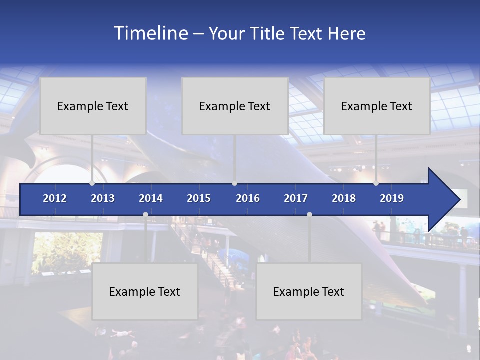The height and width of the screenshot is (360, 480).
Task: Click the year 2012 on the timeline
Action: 55,198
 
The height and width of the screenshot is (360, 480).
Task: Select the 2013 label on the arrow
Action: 103,198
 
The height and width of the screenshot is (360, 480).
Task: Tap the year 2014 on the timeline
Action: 151,198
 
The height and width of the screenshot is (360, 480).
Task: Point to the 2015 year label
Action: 199,198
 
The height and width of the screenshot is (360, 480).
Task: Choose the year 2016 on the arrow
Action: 248,198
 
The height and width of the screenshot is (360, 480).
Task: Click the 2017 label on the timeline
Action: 296,198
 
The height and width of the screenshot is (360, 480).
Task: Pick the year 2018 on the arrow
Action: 344,198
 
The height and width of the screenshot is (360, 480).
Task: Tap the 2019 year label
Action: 392,198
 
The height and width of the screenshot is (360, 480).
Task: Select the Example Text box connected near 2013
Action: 93,106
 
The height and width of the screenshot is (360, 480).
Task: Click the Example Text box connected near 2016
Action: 235,106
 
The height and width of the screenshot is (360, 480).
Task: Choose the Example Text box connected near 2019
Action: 377,106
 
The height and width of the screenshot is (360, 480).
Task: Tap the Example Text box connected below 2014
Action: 145,291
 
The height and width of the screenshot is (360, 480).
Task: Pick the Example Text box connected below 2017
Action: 309,291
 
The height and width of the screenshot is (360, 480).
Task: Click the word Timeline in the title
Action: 150,33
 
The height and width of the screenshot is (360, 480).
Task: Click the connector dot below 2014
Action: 145,215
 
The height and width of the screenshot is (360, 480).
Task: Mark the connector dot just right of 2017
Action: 309,215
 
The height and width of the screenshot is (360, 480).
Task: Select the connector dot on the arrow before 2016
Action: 234,183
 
